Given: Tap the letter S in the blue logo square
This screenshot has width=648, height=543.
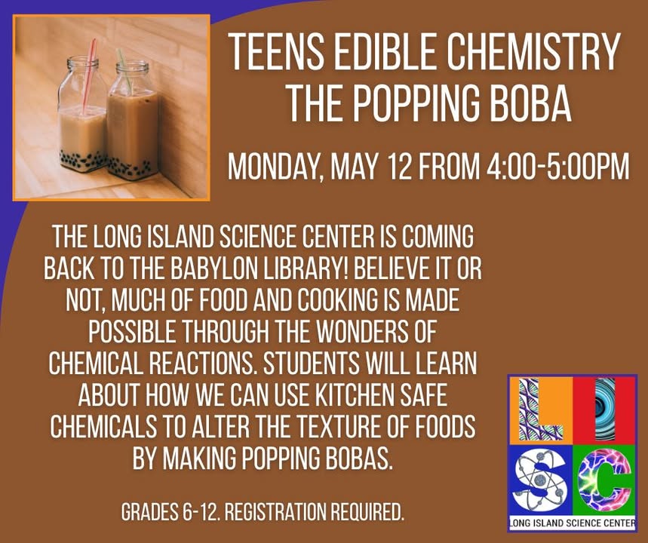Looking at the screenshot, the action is pos(540,480).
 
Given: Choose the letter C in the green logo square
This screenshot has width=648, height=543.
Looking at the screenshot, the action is pos(603,480).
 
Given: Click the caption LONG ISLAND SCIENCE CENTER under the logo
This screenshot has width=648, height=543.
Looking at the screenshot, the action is pos(573,523).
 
